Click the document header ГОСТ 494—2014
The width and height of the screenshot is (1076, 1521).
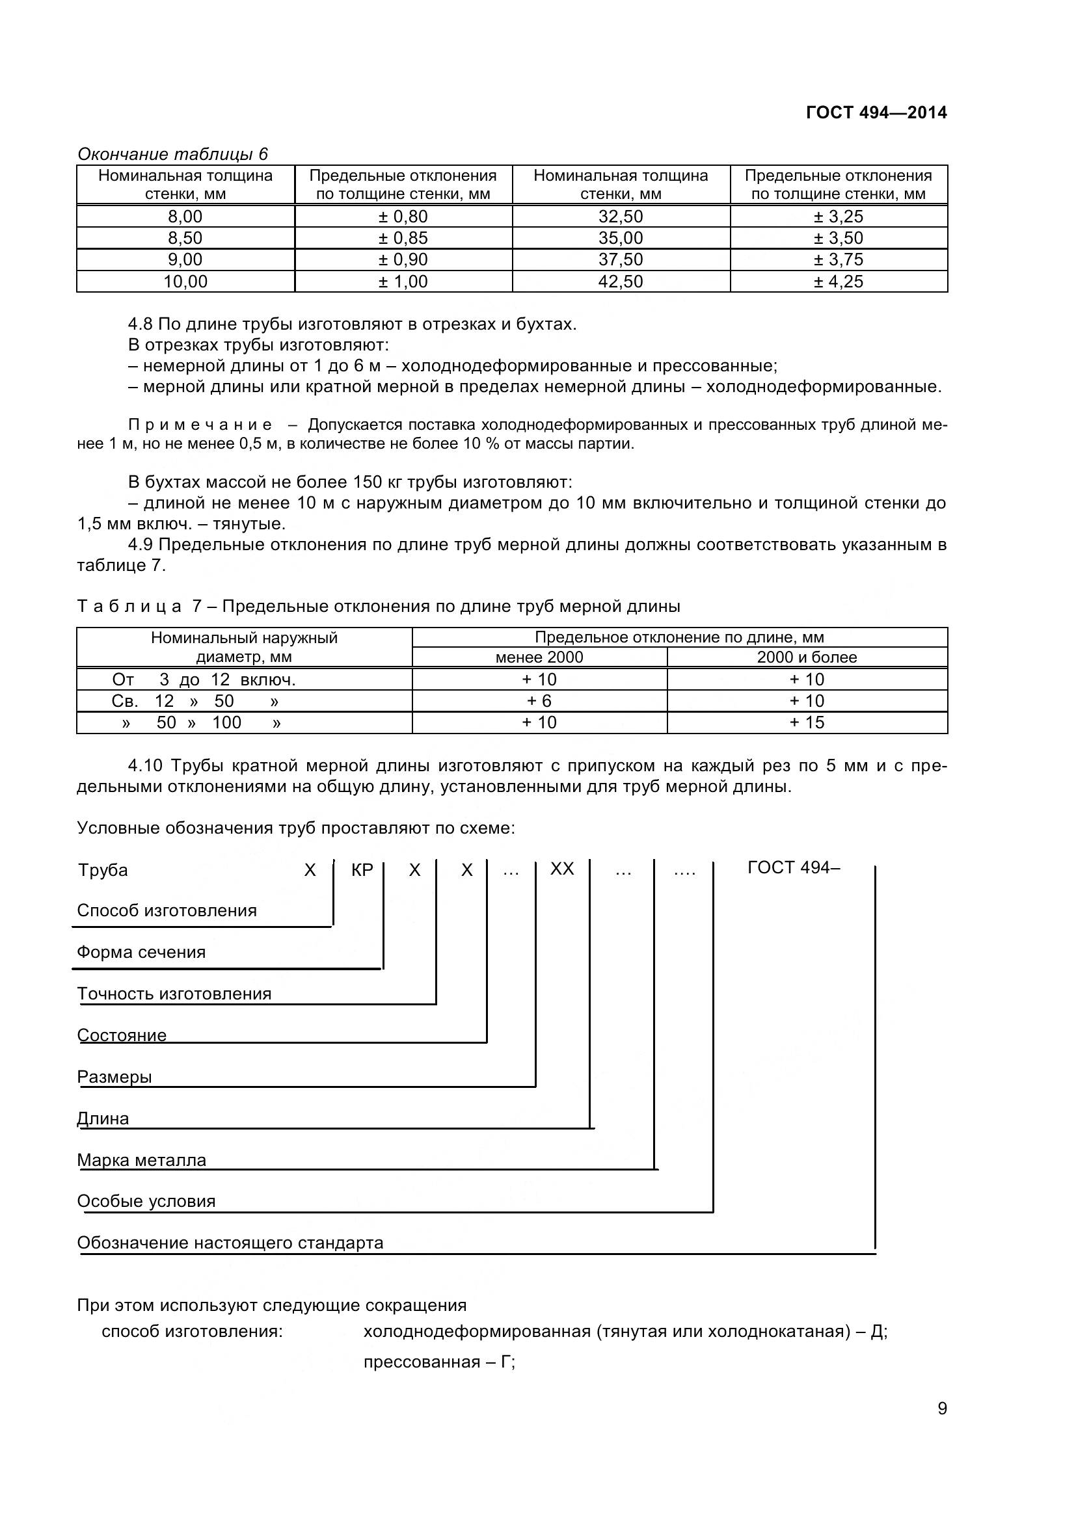pos(876,112)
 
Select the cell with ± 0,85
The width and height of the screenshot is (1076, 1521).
pos(403,238)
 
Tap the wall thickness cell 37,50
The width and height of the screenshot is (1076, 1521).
pos(620,259)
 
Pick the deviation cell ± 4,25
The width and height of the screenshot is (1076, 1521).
pos(838,282)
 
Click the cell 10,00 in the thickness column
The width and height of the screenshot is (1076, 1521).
pos(185,282)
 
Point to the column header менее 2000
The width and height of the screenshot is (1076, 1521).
pos(539,657)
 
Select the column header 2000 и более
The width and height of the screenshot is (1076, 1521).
pos(806,657)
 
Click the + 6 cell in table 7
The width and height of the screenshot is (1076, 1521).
pos(539,701)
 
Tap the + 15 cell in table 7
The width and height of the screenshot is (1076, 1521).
pos(806,722)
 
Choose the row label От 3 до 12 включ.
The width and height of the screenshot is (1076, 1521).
pos(204,680)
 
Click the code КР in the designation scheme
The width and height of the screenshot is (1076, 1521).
pos(362,870)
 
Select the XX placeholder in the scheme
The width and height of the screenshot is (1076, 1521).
pos(562,869)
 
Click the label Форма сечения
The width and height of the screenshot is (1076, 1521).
pos(141,952)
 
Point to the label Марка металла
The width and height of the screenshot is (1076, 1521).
pos(141,1160)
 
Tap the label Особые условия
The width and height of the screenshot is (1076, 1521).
pos(146,1201)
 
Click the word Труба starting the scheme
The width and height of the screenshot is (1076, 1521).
pos(103,870)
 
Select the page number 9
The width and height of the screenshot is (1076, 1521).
pos(942,1427)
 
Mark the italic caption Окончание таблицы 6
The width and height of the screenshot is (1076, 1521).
pos(172,154)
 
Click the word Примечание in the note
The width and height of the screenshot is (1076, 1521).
pos(200,425)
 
